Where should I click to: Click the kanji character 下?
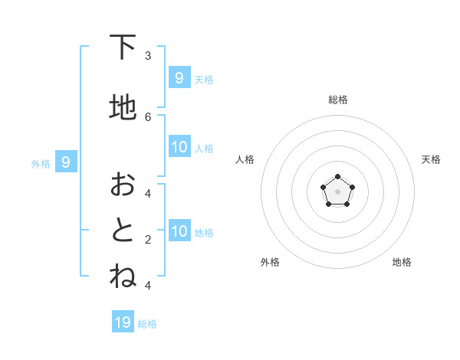[123, 48]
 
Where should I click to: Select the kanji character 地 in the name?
[123, 108]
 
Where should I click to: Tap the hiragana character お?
[123, 185]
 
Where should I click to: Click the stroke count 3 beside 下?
[148, 56]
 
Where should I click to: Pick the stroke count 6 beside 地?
[148, 116]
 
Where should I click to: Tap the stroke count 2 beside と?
[148, 240]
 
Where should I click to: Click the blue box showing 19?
[123, 322]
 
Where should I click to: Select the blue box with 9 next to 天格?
[179, 77]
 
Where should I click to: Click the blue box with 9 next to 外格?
[66, 162]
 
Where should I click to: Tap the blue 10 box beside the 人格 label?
[179, 146]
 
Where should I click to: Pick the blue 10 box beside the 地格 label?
[179, 231]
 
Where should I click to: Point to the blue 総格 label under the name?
[147, 324]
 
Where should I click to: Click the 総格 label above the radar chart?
[337, 100]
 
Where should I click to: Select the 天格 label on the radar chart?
[431, 159]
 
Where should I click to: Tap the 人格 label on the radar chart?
[245, 159]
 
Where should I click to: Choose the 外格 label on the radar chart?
[269, 262]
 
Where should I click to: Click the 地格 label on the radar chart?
[402, 262]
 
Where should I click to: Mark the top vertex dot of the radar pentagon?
[337, 178]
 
